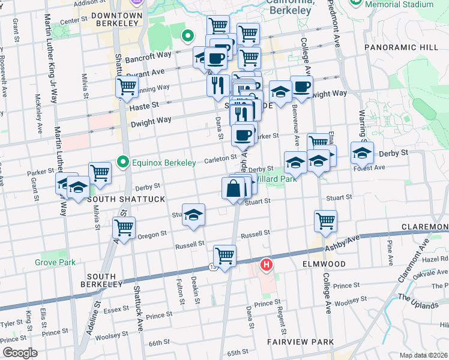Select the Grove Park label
pyautogui.click(x=55, y=262)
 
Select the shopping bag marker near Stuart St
pyautogui.click(x=233, y=188)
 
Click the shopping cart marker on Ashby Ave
pyautogui.click(x=224, y=256)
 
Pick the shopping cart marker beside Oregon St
pyautogui.click(x=124, y=229)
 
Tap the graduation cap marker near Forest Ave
pyautogui.click(x=362, y=154)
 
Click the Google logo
pyautogui.click(x=20, y=353)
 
